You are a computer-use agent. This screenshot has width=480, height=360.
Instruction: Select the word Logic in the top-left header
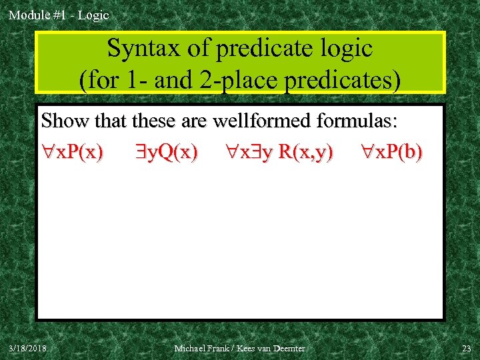[x=93, y=15]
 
